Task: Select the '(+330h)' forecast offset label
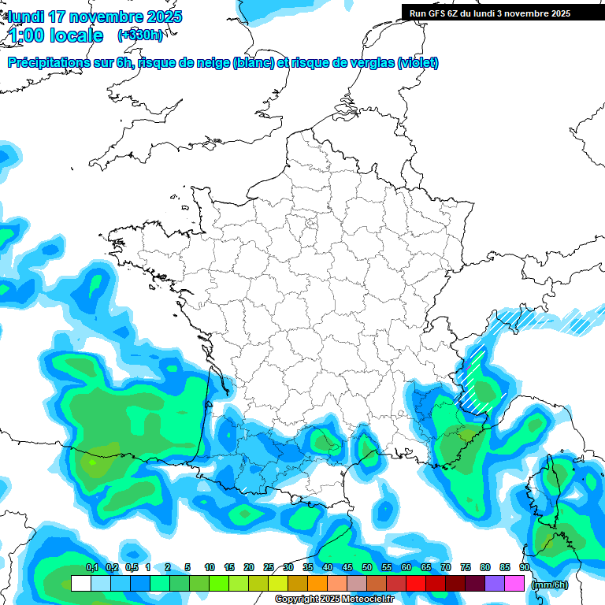[x=140, y=35]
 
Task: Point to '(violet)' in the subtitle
[x=418, y=63]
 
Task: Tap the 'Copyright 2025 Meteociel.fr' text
[x=335, y=599]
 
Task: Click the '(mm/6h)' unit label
[x=550, y=585]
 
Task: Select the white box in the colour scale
[x=80, y=584]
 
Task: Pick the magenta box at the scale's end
[x=514, y=584]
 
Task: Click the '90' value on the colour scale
[x=525, y=568]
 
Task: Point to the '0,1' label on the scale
[x=91, y=568]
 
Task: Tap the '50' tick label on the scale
[x=367, y=568]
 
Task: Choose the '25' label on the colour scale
[x=269, y=568]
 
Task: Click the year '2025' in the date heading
[x=160, y=17]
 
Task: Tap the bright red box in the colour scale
[x=416, y=584]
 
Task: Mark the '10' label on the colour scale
[x=210, y=568]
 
